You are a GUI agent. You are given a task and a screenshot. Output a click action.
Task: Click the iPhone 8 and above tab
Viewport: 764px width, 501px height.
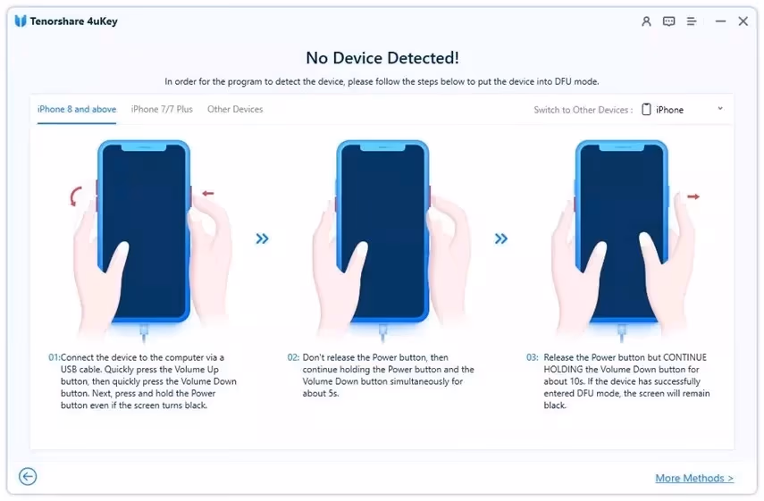tap(77, 109)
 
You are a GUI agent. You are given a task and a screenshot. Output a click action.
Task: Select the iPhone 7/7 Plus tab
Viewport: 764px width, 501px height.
tap(162, 109)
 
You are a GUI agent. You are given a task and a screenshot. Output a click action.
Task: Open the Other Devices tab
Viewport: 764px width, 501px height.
tap(235, 109)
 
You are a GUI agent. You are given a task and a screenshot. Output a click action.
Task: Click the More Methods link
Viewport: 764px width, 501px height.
tap(694, 478)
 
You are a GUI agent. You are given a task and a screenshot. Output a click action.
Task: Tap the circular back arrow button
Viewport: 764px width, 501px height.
tap(28, 476)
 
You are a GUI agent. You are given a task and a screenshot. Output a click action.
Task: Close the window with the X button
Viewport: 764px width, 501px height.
tap(743, 21)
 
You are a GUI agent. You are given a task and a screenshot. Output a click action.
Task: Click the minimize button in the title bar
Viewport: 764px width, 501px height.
tap(720, 21)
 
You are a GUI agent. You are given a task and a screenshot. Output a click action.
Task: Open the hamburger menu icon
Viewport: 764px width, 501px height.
tap(692, 21)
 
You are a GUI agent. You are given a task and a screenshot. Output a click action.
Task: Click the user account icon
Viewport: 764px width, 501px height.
tap(646, 21)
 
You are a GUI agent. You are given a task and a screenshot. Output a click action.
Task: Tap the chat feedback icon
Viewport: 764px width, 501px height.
tap(669, 21)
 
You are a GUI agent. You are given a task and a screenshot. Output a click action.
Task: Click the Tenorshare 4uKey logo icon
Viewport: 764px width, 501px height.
tap(21, 21)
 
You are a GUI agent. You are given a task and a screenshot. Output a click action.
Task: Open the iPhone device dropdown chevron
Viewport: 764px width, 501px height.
tap(720, 109)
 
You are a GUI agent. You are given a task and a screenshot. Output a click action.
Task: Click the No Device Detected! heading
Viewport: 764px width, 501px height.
tap(382, 58)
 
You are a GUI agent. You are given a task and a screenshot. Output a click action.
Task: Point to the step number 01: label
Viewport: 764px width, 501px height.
tap(55, 357)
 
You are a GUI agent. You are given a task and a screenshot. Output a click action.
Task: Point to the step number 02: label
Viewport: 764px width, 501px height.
tap(293, 357)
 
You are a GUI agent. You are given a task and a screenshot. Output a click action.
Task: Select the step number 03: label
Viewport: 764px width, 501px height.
tap(533, 357)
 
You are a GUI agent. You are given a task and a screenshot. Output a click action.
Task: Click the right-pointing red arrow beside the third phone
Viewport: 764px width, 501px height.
tap(693, 196)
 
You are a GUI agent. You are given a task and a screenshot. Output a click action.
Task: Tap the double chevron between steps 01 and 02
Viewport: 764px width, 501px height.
tap(262, 238)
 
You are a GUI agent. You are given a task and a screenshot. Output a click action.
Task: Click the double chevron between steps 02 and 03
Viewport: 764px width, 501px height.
tap(501, 238)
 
